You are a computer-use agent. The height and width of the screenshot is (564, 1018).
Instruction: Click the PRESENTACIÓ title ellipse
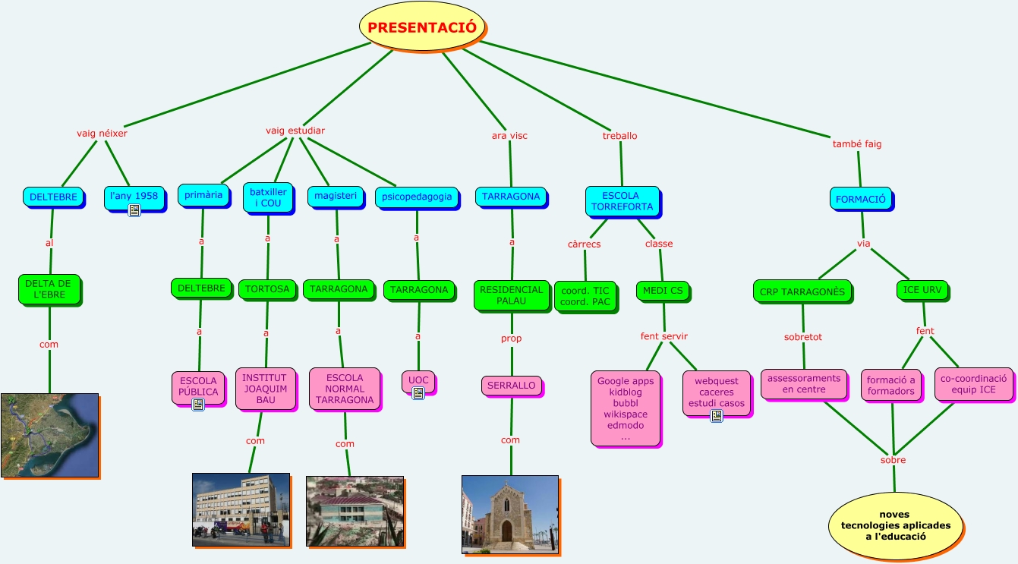[422, 27]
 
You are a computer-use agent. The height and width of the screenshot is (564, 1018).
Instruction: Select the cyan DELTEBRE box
[53, 197]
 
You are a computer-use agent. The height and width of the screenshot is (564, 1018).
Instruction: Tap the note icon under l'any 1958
[134, 210]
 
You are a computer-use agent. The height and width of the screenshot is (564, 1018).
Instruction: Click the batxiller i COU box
[267, 197]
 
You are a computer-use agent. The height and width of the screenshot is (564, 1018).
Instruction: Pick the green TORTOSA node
[267, 289]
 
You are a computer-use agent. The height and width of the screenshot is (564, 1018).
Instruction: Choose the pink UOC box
[418, 381]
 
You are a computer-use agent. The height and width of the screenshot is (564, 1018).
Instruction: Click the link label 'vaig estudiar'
[295, 131]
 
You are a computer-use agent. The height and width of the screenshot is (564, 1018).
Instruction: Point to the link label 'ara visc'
[509, 136]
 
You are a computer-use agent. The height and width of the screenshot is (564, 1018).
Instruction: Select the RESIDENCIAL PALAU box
[511, 295]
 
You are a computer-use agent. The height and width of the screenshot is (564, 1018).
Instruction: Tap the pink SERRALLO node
[511, 386]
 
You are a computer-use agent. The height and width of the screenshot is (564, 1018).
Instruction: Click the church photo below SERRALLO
[509, 514]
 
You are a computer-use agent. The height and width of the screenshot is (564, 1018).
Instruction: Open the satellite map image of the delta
[49, 435]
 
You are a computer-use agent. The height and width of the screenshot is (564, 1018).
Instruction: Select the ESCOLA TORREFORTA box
[622, 201]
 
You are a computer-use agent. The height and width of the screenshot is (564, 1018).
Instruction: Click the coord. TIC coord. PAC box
[585, 296]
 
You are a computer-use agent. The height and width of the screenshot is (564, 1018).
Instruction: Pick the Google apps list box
[626, 408]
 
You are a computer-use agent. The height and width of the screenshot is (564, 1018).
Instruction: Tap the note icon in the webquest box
[716, 415]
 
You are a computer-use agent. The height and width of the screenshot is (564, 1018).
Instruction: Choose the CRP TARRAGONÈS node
[802, 291]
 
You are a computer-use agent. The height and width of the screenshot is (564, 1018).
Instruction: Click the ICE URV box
[922, 290]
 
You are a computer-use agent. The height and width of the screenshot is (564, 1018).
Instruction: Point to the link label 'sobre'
[893, 460]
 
